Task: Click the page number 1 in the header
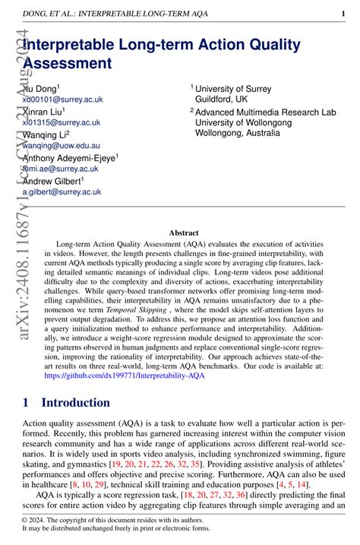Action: [344, 13]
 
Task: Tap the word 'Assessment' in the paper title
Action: [68, 63]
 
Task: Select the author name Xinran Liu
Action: [46, 111]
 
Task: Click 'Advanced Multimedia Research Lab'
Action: [265, 112]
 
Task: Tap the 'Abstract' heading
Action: [183, 233]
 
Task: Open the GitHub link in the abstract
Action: [125, 375]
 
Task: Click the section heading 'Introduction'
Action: [75, 403]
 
